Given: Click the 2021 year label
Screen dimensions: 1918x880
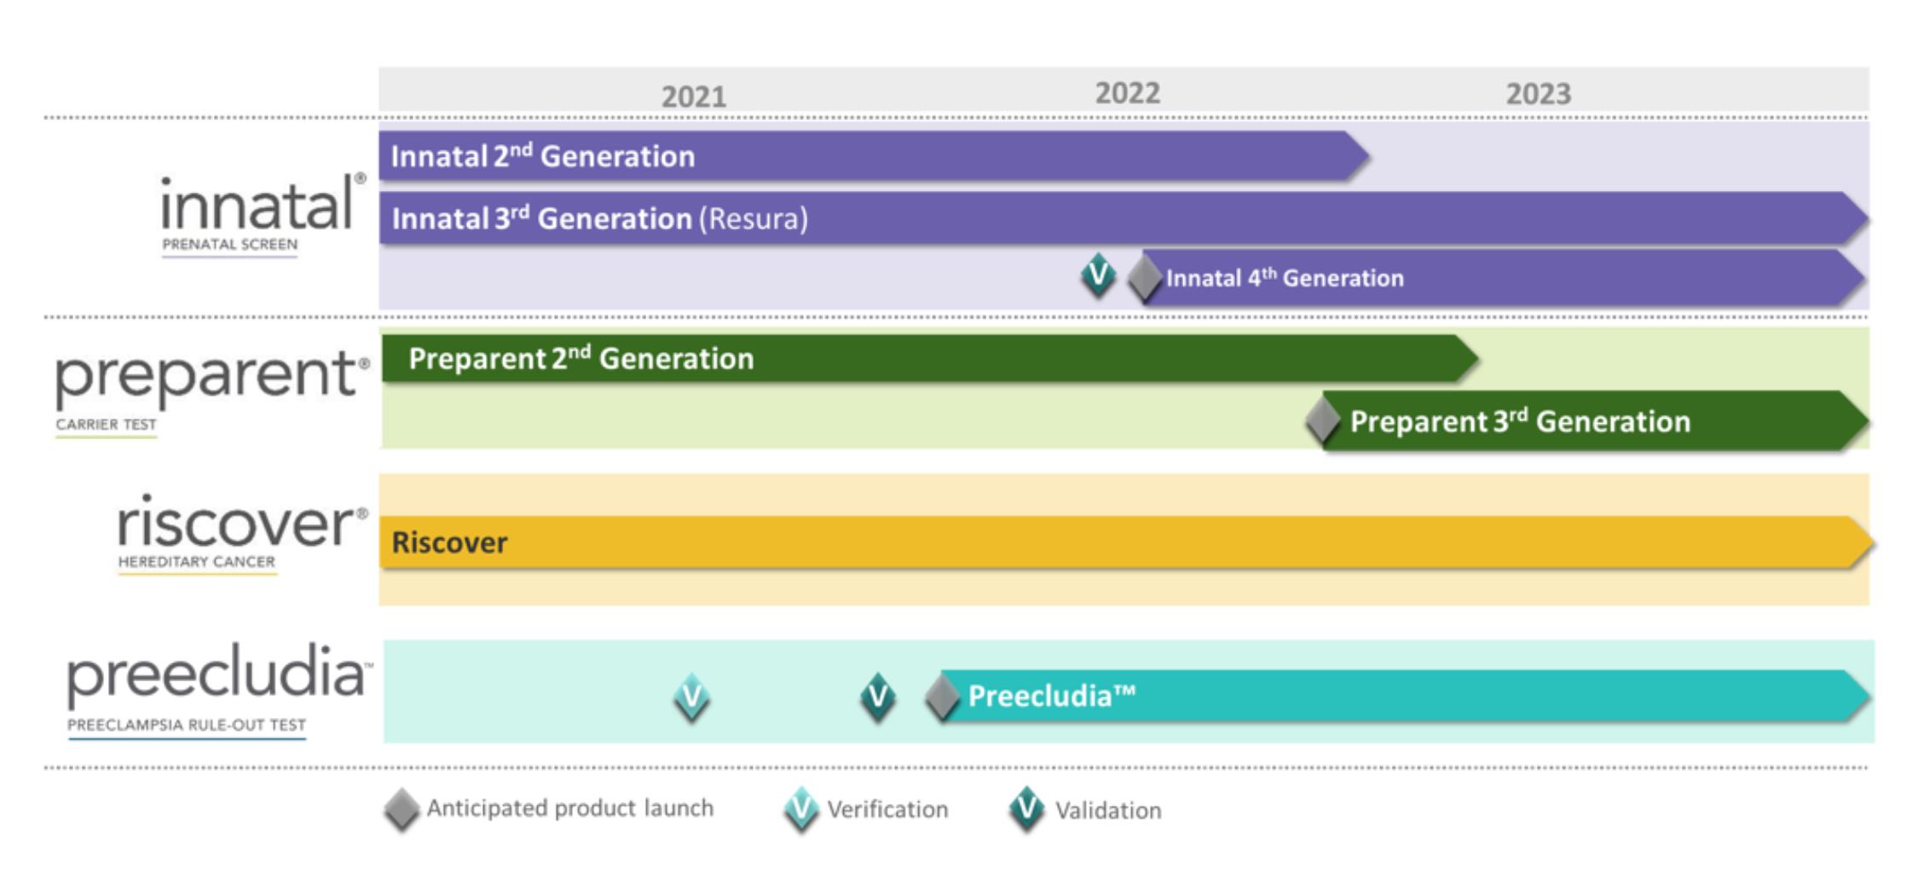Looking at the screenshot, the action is pos(694,96).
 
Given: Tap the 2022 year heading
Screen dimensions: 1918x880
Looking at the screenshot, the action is pos(1127,93).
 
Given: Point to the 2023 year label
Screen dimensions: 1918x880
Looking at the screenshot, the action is pos(1538,94).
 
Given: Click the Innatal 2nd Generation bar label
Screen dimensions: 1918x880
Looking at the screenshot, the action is pos(543,156).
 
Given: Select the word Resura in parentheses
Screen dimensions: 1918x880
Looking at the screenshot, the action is pos(754,219).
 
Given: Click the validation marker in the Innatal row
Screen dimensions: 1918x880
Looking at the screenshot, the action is pos(1098,275).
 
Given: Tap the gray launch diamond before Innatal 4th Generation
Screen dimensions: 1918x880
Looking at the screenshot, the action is pos(1145,278).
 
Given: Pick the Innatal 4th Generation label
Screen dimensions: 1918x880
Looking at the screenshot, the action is pos(1285,278).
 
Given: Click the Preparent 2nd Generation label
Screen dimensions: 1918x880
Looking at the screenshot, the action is pos(581,358).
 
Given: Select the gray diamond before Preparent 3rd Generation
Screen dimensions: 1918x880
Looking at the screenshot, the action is pos(1323,421).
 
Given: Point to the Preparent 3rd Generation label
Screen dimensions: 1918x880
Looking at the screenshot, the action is pos(1520,421).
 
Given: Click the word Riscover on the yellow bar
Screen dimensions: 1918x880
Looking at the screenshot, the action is pos(449,542).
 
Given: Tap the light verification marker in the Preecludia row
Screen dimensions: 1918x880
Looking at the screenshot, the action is pos(691,698).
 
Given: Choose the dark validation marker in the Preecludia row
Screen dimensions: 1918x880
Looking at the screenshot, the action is pos(878,698).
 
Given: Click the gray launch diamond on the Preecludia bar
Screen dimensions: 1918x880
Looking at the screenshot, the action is pos(943,698).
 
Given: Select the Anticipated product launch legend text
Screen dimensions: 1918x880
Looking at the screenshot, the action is pos(570,808).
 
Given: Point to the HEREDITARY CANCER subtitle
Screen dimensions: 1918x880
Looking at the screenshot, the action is pos(197,562).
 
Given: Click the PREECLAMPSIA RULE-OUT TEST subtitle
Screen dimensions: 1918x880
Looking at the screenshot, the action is pos(187,725).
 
